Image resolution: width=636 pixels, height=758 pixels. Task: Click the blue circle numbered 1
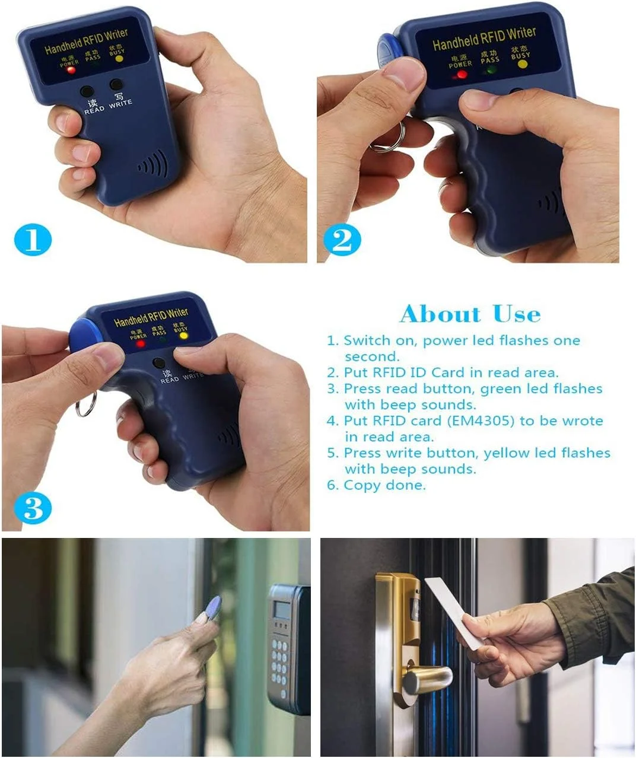point(33,240)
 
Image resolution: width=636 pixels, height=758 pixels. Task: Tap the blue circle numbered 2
point(342,240)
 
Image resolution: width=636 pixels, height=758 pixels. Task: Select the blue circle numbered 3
point(33,509)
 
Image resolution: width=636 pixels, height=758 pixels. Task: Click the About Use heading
point(470,314)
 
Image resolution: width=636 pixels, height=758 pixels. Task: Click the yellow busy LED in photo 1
point(119,59)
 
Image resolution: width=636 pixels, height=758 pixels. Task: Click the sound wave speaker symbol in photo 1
point(153,164)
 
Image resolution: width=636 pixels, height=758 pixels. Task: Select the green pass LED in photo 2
point(489,70)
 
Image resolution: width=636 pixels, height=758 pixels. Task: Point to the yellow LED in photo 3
point(183,336)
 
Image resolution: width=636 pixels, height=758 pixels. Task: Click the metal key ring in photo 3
point(86,406)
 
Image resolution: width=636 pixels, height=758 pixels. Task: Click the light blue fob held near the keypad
point(211,609)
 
